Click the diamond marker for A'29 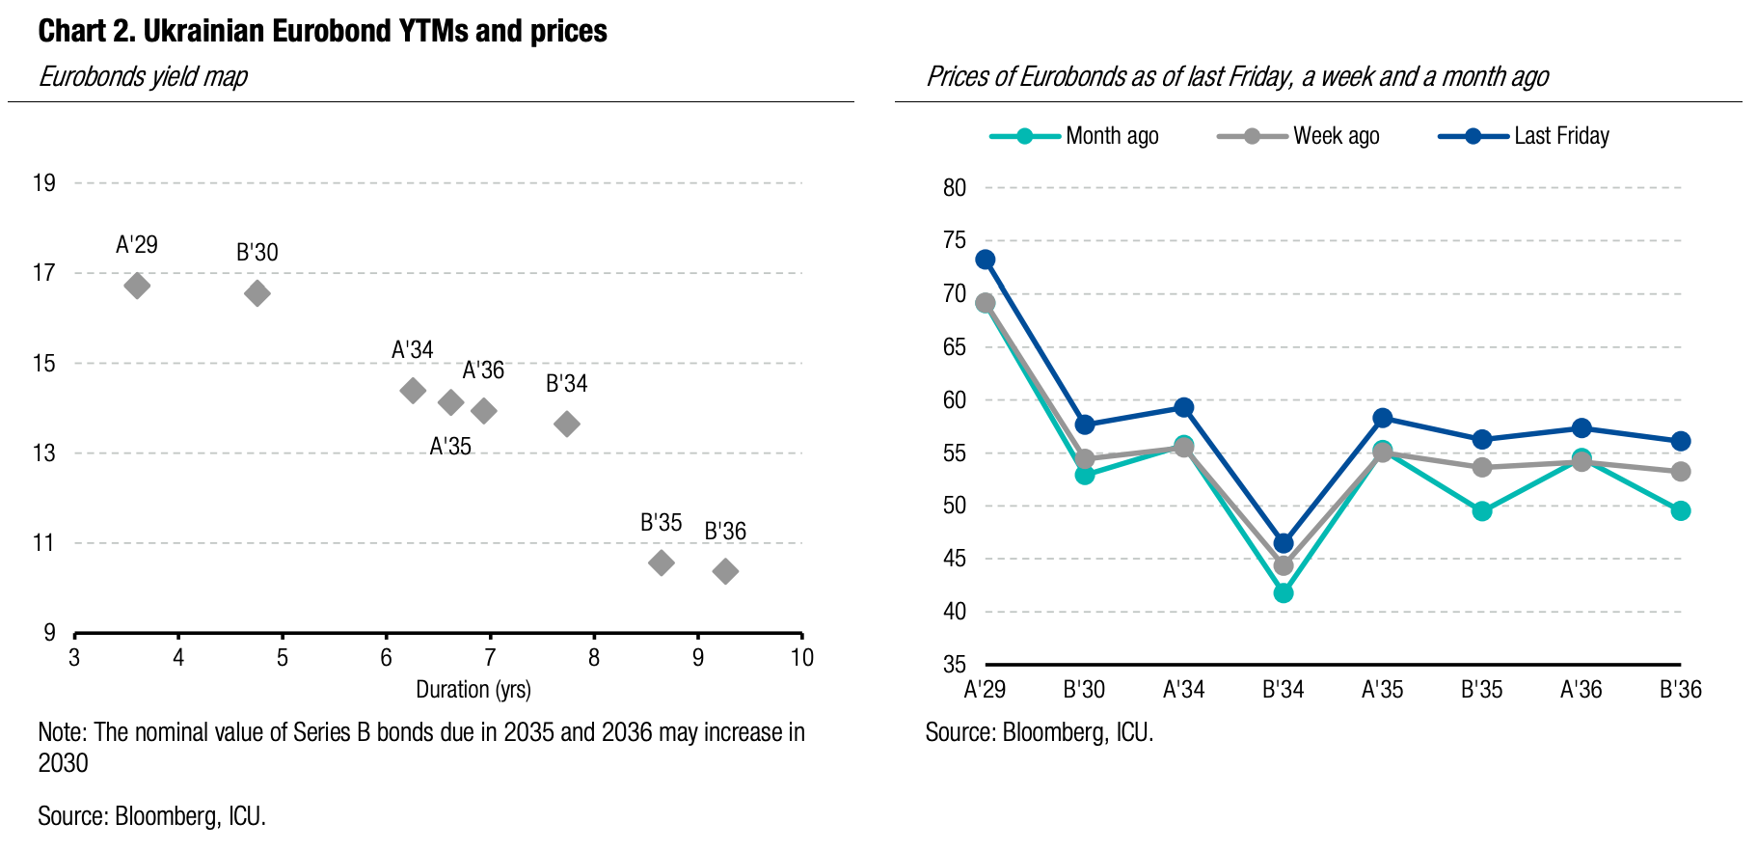pyautogui.click(x=137, y=286)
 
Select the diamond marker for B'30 pyautogui.click(x=257, y=293)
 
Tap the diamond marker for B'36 pyautogui.click(x=725, y=571)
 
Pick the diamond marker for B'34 pyautogui.click(x=567, y=424)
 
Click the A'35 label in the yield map pyautogui.click(x=450, y=447)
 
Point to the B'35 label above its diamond pyautogui.click(x=661, y=523)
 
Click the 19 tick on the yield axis pyautogui.click(x=44, y=183)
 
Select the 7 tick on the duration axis pyautogui.click(x=490, y=658)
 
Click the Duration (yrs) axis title pyautogui.click(x=473, y=690)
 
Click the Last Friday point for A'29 pyautogui.click(x=985, y=260)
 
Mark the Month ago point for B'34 pyautogui.click(x=1284, y=593)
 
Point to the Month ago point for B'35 pyautogui.click(x=1482, y=511)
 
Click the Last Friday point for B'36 pyautogui.click(x=1681, y=441)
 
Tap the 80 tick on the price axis pyautogui.click(x=955, y=188)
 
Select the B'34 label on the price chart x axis pyautogui.click(x=1284, y=690)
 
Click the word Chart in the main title pyautogui.click(x=69, y=32)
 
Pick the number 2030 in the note pyautogui.click(x=63, y=763)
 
